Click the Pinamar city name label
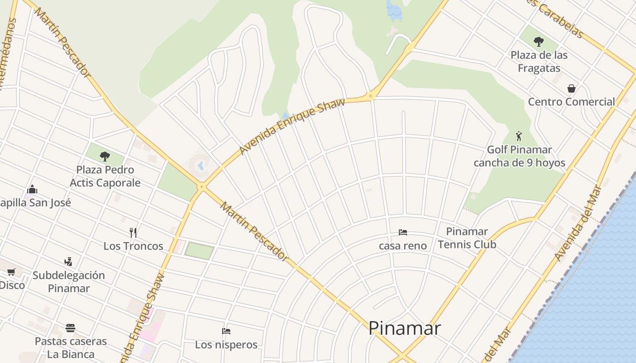pyautogui.click(x=404, y=328)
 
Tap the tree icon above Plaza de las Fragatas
pyautogui.click(x=539, y=42)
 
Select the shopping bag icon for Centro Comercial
pyautogui.click(x=571, y=88)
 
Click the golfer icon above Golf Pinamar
pyautogui.click(x=519, y=136)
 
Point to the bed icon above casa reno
pyautogui.click(x=402, y=232)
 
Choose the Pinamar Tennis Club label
pyautogui.click(x=467, y=238)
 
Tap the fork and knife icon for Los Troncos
pyautogui.click(x=133, y=233)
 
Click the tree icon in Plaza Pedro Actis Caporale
pyautogui.click(x=105, y=157)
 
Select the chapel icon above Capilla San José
pyautogui.click(x=32, y=189)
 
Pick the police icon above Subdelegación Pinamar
pyautogui.click(x=68, y=262)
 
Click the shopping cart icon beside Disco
pyautogui.click(x=11, y=272)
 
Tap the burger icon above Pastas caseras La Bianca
pyautogui.click(x=70, y=328)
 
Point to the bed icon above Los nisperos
pyautogui.click(x=226, y=331)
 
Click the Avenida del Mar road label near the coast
pyautogui.click(x=578, y=224)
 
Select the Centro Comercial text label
pyautogui.click(x=571, y=102)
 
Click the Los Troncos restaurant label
pyautogui.click(x=133, y=246)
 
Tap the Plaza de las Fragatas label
pyautogui.click(x=539, y=61)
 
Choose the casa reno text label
pyautogui.click(x=403, y=245)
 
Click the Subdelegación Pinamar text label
pyautogui.click(x=69, y=281)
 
